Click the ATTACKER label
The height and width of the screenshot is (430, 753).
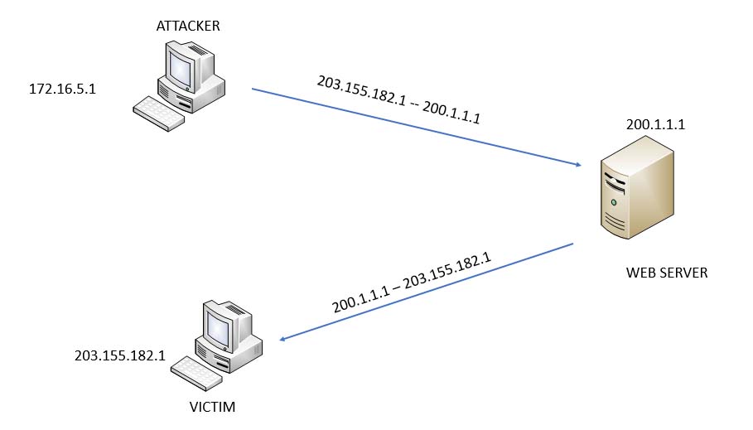pos(188,26)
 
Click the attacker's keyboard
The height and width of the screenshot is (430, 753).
pos(159,114)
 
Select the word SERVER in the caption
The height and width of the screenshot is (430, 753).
pos(684,273)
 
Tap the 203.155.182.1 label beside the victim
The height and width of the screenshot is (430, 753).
pos(120,355)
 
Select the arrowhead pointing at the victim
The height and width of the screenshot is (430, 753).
pos(282,339)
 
